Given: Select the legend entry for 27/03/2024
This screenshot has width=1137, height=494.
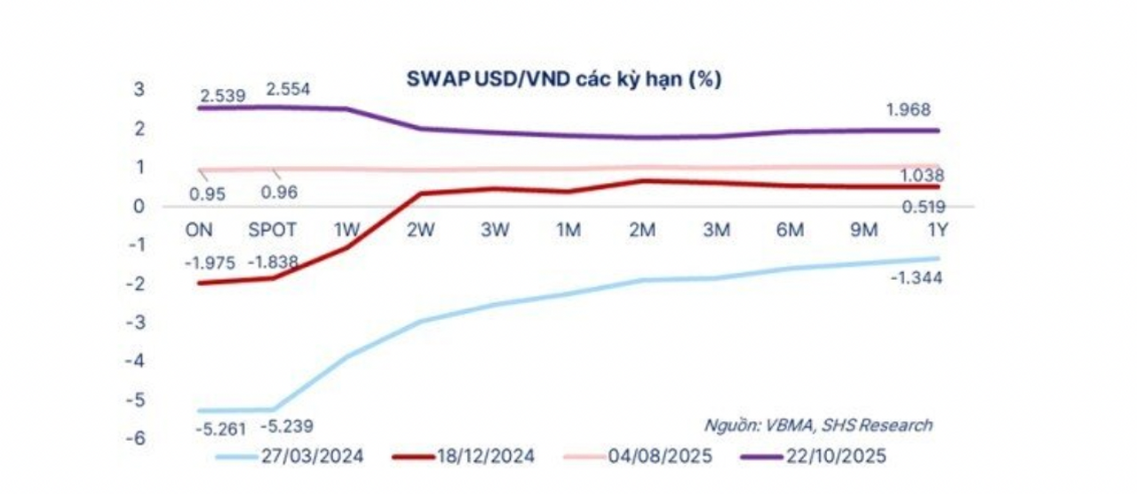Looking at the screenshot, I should tap(298, 457).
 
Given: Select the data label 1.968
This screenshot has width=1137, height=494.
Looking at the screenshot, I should tap(911, 110).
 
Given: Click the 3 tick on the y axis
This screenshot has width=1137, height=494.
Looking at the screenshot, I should tap(139, 90).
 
